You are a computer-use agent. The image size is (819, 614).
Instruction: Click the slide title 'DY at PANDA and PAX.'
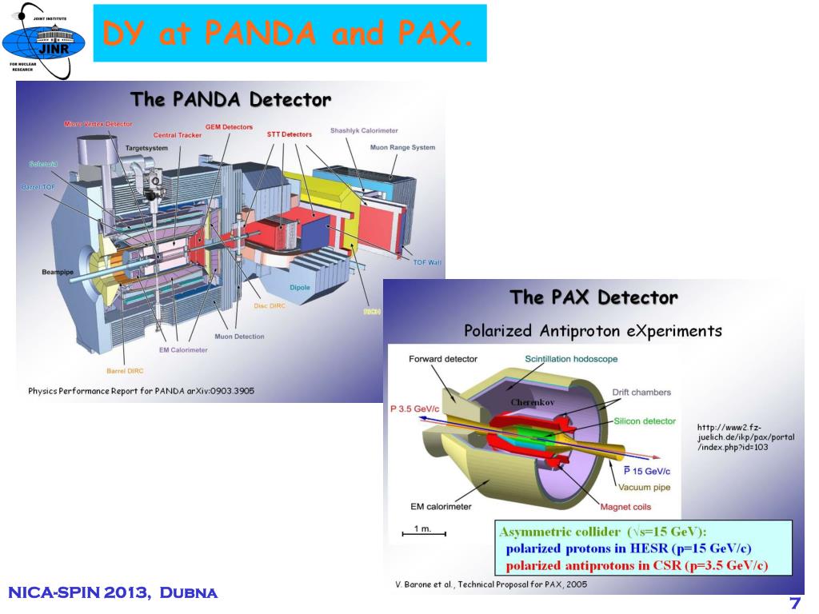290,34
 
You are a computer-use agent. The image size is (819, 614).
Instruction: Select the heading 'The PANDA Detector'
230,100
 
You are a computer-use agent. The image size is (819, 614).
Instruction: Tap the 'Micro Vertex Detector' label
98,124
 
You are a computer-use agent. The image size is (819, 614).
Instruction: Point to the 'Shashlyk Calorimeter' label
364,130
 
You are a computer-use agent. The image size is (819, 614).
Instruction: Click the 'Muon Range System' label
402,148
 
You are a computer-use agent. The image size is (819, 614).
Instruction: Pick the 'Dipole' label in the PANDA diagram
301,285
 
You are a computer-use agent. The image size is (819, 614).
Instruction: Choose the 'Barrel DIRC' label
126,370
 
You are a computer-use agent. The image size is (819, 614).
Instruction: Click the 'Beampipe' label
58,273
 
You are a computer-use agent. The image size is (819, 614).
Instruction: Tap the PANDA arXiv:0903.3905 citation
142,391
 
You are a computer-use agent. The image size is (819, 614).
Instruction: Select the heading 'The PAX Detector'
593,298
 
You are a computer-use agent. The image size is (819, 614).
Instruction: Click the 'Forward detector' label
442,359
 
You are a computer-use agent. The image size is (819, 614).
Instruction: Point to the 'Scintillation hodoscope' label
571,359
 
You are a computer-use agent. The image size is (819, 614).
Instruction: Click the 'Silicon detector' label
645,421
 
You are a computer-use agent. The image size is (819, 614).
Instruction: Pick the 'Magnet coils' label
625,507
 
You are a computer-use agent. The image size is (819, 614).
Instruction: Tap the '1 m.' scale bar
423,529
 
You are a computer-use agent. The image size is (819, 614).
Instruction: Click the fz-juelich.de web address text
745,437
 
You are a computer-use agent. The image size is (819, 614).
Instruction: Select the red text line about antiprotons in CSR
637,566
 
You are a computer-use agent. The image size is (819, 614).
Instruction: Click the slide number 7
795,603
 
